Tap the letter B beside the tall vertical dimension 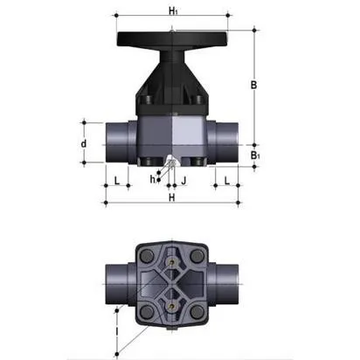point(252,86)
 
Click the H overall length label point(171,197)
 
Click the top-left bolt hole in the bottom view point(145,254)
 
